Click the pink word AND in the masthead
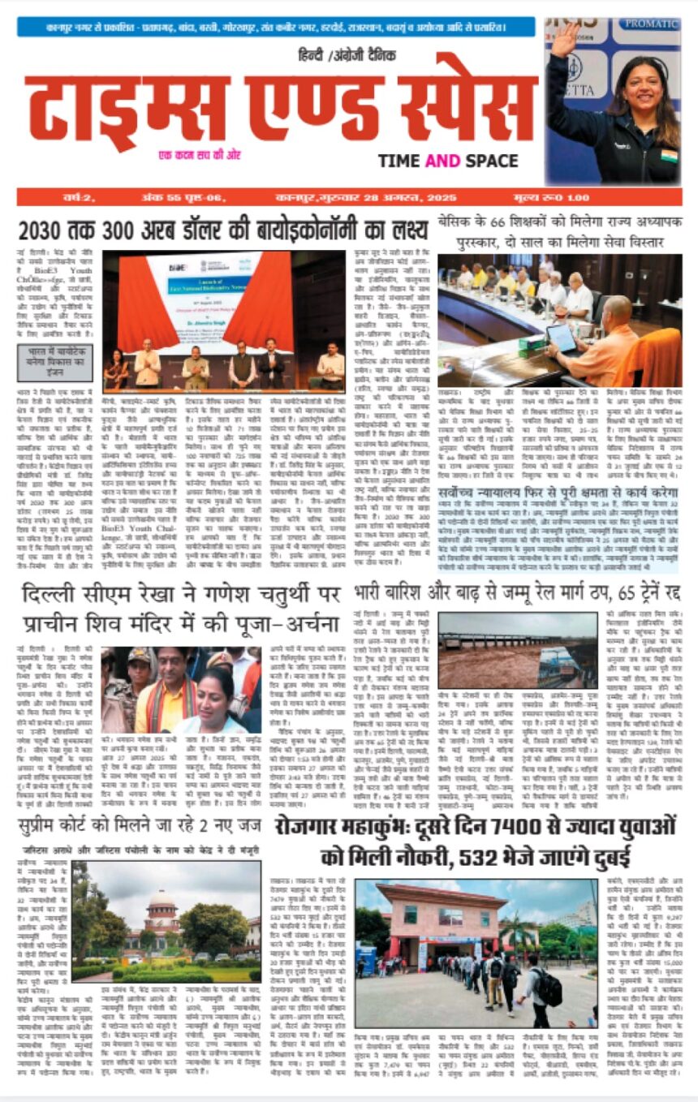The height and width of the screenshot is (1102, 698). tap(442, 161)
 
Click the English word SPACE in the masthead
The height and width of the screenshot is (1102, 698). tap(490, 161)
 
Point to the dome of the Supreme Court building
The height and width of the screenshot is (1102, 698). tap(162, 900)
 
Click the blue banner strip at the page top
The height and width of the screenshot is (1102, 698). tap(276, 27)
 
